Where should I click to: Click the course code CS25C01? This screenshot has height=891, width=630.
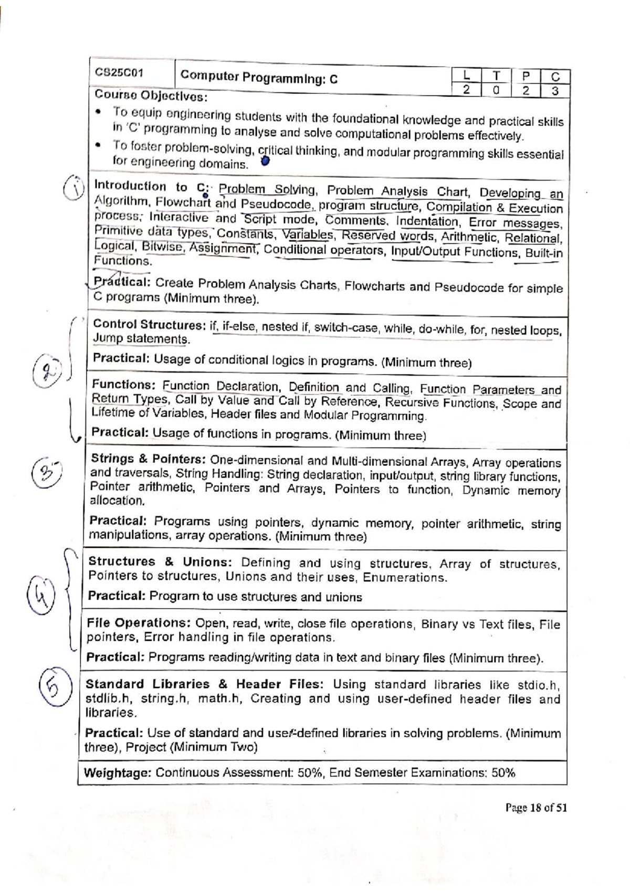pos(119,72)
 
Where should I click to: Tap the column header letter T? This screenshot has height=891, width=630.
pos(496,77)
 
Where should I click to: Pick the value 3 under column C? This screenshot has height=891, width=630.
pos(555,91)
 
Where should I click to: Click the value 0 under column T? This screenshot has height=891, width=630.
pos(496,90)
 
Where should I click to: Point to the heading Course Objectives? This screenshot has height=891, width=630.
pos(151,96)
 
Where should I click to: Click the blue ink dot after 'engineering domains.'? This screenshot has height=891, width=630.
pos(265,162)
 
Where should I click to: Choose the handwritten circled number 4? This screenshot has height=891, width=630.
pos(41,595)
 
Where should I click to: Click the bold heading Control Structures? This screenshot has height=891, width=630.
pos(149,325)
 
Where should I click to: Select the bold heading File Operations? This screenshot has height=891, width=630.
pos(139,623)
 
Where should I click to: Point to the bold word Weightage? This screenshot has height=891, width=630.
pos(118,772)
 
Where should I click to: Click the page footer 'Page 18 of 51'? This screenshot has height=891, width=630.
pos(535,808)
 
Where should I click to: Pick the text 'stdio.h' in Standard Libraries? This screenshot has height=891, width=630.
pos(539,685)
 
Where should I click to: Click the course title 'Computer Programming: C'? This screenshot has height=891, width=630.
pos(259,78)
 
